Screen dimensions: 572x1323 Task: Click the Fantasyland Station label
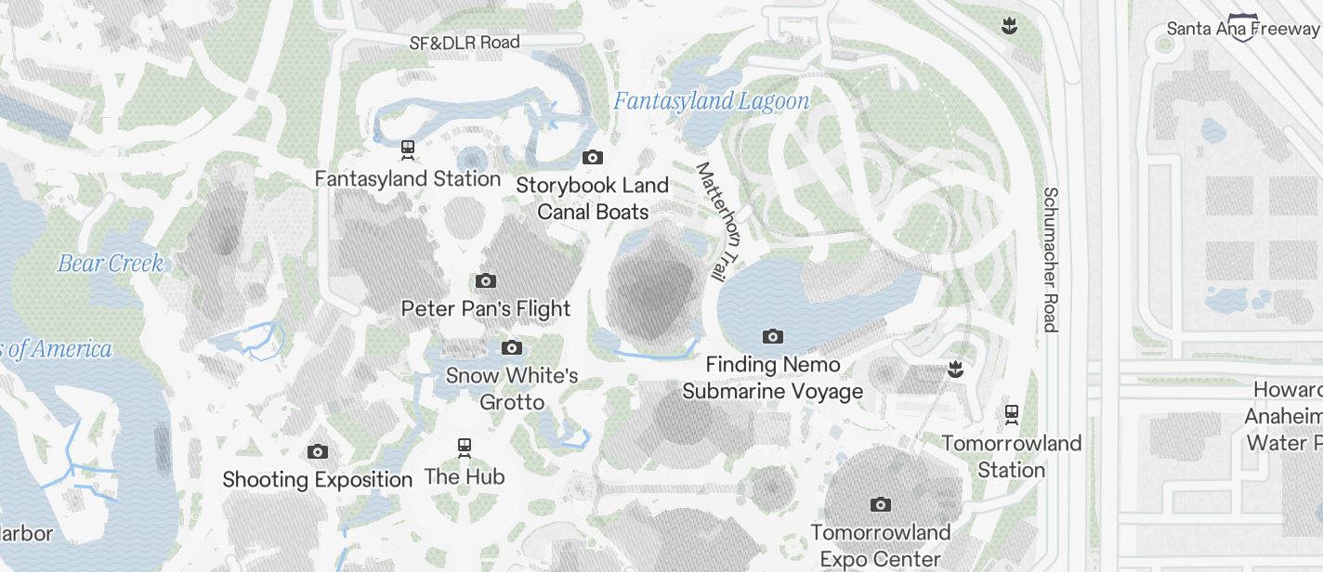tap(408, 178)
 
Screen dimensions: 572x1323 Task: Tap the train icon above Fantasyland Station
tap(407, 149)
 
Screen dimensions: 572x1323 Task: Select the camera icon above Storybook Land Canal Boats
tap(592, 157)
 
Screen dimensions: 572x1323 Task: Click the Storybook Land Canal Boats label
tap(593, 199)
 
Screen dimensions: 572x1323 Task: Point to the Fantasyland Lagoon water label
tap(711, 101)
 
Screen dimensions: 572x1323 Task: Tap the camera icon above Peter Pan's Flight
tap(485, 280)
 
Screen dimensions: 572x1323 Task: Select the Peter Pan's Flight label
tap(486, 308)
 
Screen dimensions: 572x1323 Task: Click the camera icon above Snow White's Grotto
tap(511, 347)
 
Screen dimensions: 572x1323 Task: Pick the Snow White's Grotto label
tap(512, 388)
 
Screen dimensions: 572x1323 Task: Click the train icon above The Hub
tap(465, 448)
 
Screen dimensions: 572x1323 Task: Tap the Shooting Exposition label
tap(317, 479)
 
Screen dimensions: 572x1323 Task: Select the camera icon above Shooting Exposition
tap(317, 452)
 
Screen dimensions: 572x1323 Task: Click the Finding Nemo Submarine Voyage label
tap(773, 378)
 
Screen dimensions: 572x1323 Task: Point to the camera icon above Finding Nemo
tap(772, 336)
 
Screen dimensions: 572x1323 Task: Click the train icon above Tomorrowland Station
tap(1012, 413)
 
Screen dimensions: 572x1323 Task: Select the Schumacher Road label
tap(1050, 259)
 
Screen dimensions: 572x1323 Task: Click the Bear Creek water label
tap(111, 264)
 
